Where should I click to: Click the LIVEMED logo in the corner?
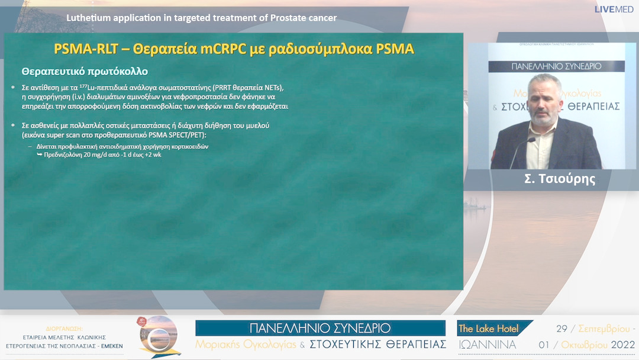click(614, 9)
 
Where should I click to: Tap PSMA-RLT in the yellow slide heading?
click(81, 49)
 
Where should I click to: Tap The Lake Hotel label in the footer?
click(488, 329)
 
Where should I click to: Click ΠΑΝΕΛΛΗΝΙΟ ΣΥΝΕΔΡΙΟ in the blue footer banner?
click(320, 328)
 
